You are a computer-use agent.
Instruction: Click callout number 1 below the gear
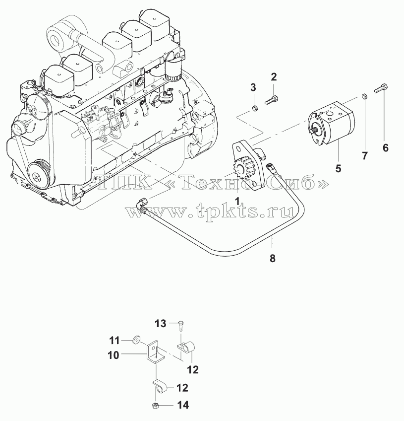click(x=237, y=201)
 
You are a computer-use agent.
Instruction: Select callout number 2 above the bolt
click(x=274, y=77)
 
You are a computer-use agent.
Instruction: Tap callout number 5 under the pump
click(x=339, y=168)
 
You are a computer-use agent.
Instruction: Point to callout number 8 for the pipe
click(x=272, y=259)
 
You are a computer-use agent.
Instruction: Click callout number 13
click(x=161, y=324)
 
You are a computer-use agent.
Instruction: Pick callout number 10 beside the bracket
click(x=114, y=355)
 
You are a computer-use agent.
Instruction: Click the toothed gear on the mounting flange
click(x=241, y=170)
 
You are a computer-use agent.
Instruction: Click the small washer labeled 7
click(x=364, y=96)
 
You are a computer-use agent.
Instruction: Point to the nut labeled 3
click(x=255, y=108)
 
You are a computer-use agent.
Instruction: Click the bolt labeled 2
click(x=272, y=100)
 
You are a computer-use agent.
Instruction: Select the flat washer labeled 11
click(x=136, y=341)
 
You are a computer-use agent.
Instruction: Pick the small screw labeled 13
click(x=181, y=325)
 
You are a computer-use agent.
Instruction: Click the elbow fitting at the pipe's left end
click(x=142, y=205)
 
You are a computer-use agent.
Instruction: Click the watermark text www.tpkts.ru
click(x=210, y=210)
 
